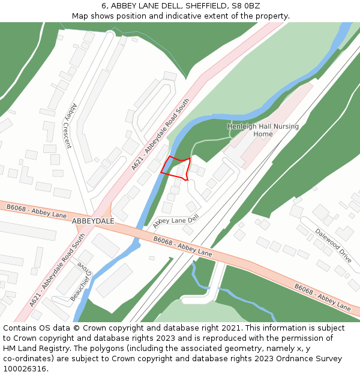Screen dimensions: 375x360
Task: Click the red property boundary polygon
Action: coord(176,168)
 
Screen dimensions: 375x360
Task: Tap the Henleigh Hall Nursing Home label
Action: coord(263,130)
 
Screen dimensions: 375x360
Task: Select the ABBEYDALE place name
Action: coord(93,221)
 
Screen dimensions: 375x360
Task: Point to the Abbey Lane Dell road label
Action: coord(175,221)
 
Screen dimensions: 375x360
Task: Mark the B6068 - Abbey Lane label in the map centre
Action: coord(182,246)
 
